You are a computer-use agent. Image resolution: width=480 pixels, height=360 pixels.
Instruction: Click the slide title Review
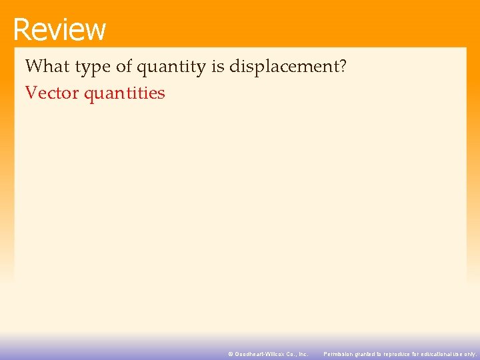pos(59,29)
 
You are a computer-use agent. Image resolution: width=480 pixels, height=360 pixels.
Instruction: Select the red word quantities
pos(125,93)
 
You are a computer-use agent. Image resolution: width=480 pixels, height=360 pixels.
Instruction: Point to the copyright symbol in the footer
pos(231,354)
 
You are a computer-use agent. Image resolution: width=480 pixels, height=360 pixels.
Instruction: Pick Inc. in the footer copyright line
pos(304,354)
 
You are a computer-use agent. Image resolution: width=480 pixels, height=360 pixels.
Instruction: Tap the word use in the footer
pos(459,354)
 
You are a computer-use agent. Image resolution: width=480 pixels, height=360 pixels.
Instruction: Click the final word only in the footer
pos(471,354)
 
